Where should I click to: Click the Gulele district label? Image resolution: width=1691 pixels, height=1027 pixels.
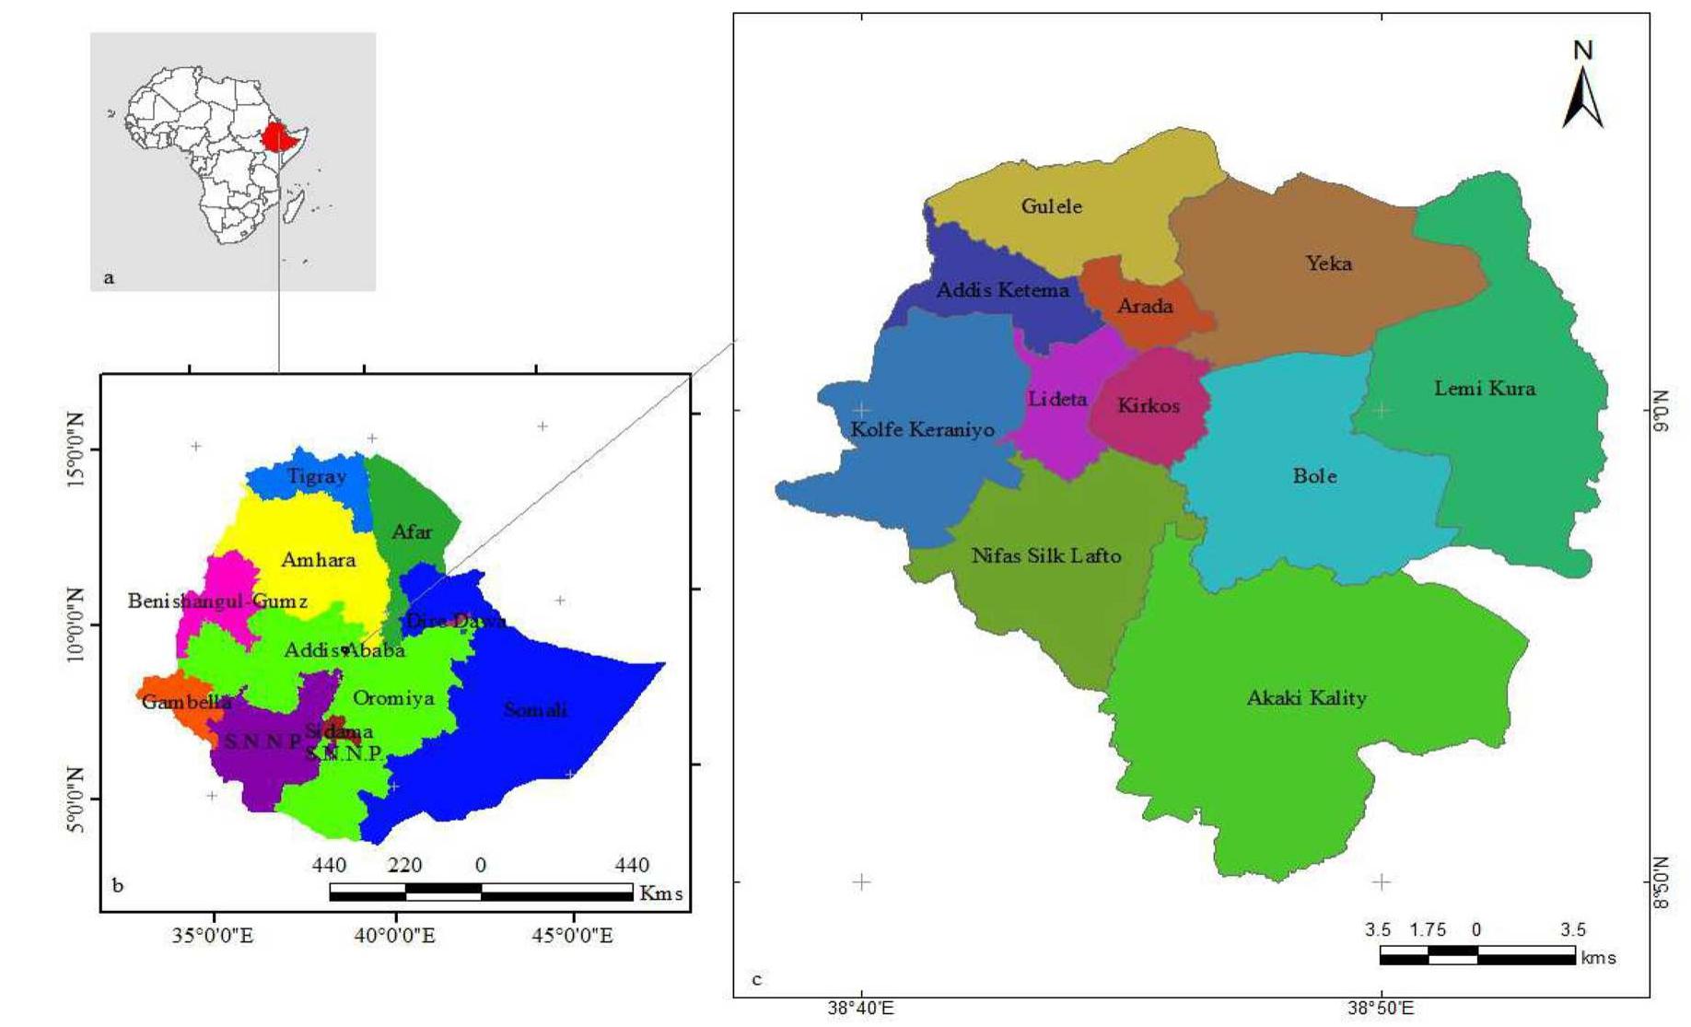coord(1051,206)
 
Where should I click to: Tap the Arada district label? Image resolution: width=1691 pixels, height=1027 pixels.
coord(1145,306)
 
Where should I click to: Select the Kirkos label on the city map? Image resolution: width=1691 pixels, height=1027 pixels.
coord(1148,405)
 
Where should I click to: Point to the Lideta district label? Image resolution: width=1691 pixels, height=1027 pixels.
coord(1057,399)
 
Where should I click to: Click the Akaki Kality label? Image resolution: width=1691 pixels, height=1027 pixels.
coord(1306,697)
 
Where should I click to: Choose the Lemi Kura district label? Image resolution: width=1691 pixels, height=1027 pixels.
coord(1485,388)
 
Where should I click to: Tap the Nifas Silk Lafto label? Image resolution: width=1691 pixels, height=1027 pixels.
coord(1046,555)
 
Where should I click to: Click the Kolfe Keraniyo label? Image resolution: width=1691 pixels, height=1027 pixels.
coord(922,429)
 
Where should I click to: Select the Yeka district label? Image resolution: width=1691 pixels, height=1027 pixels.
coord(1328,263)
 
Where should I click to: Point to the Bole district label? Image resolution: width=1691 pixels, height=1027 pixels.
coord(1314,476)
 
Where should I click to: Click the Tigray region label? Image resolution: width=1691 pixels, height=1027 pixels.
coord(316,476)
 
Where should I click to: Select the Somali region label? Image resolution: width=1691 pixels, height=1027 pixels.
coord(535,709)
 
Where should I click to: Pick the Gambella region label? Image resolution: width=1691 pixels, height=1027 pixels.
coord(186,702)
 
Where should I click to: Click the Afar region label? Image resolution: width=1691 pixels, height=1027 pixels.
coord(412,531)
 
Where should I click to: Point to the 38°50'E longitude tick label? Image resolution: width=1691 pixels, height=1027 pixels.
coord(1380,1009)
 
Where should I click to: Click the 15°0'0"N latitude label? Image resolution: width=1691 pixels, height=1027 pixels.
coord(75,449)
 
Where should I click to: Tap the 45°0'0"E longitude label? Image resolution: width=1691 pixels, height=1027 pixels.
coord(573,937)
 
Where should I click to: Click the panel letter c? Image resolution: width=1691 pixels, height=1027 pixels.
coord(757,979)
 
